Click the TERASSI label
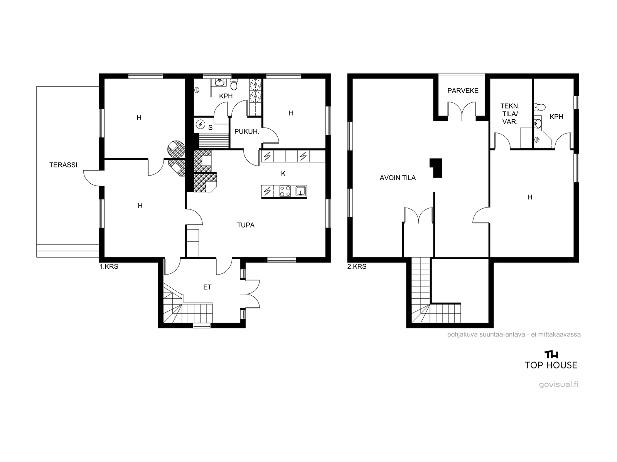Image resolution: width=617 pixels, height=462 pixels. coord(63,165)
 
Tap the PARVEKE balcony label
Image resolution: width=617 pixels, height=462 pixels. coord(463,90)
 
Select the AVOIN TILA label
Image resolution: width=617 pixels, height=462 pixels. coord(398,177)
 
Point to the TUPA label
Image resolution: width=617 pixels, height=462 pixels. coord(246,225)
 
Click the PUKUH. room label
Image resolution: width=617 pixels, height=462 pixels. coord(246,132)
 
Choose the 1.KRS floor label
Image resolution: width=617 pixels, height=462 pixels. coord(109,266)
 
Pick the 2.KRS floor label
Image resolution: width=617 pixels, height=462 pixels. coord(357,266)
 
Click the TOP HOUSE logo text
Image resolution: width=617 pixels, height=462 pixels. coord(551,365)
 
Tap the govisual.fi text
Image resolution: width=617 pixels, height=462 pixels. coord(558,384)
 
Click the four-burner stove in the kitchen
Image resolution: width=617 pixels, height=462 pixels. coord(285,191)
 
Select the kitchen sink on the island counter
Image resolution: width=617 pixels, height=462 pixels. coord(301,191)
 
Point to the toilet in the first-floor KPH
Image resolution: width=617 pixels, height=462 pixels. coord(234,84)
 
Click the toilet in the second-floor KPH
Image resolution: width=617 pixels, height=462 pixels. coord(539,107)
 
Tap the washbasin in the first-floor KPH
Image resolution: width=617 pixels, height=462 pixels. coord(219,82)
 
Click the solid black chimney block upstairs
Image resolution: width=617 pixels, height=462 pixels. coord(436,168)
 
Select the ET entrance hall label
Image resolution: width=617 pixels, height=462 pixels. coord(207,287)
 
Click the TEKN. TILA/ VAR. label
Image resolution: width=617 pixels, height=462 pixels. coord(510,114)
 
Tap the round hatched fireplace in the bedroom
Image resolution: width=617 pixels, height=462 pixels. coord(176,149)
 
